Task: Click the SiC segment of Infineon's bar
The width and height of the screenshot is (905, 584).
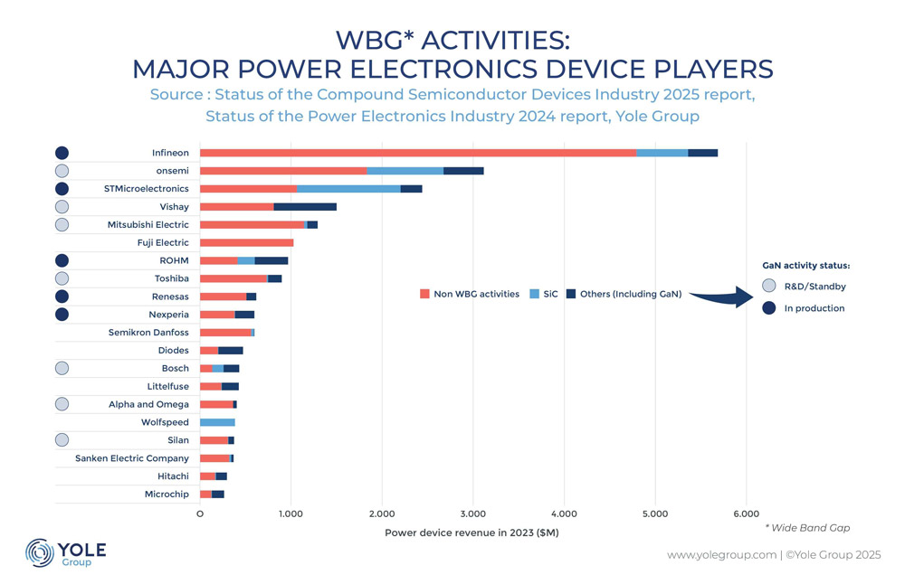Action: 662,153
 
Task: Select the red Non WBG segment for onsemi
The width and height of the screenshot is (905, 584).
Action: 283,171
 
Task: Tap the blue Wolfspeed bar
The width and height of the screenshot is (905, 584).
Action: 217,422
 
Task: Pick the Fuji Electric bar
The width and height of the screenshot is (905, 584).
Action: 246,242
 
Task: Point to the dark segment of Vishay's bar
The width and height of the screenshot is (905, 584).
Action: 305,207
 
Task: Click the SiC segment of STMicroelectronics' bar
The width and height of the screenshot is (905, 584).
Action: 348,189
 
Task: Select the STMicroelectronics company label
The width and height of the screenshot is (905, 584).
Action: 146,189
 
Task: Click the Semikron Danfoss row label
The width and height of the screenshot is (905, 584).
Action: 148,333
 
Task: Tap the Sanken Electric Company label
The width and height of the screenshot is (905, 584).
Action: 132,458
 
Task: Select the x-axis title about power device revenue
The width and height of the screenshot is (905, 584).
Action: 472,532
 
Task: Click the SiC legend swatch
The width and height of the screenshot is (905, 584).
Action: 533,294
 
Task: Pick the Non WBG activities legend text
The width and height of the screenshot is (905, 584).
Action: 475,294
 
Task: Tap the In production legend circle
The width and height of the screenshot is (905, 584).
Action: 767,308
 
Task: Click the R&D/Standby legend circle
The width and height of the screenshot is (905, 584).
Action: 767,286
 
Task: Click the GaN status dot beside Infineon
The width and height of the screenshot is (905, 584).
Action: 62,153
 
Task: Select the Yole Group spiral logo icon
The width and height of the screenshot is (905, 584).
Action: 40,553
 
